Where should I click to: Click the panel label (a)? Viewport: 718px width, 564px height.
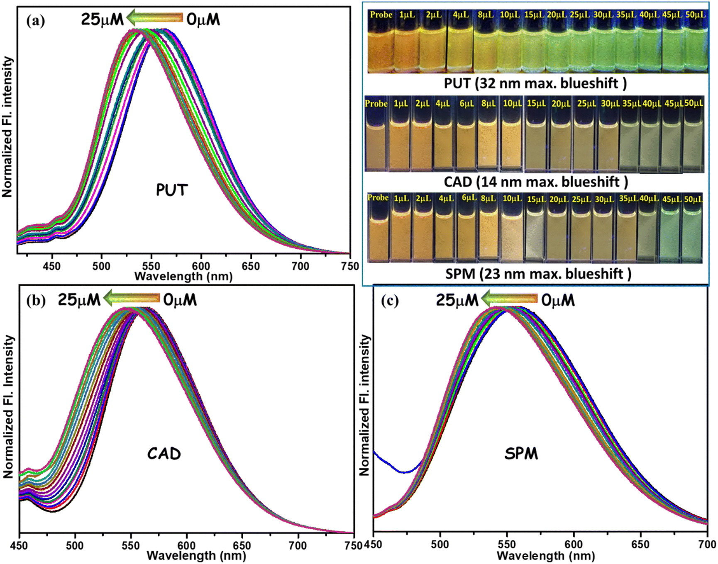pyautogui.click(x=35, y=20)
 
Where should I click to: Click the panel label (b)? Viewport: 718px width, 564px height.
pyautogui.click(x=36, y=301)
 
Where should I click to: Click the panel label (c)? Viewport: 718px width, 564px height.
pyautogui.click(x=390, y=301)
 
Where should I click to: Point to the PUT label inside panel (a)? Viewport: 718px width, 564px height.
pyautogui.click(x=172, y=190)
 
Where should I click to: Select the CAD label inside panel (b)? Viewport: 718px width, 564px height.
pyautogui.click(x=164, y=454)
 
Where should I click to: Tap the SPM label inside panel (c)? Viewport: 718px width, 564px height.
pyautogui.click(x=521, y=454)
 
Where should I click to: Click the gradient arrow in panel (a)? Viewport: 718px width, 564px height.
pyautogui.click(x=154, y=18)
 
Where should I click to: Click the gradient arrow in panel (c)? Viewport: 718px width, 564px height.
pyautogui.click(x=509, y=299)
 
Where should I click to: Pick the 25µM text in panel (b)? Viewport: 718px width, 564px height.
pyautogui.click(x=79, y=299)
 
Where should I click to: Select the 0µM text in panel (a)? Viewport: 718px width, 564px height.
pyautogui.click(x=203, y=19)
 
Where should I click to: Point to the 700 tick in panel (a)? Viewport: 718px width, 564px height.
pyautogui.click(x=300, y=266)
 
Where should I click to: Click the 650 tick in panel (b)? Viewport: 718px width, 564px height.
pyautogui.click(x=242, y=546)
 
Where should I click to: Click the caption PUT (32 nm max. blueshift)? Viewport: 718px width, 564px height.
pyautogui.click(x=535, y=83)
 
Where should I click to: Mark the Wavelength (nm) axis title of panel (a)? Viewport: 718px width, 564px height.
pyautogui.click(x=183, y=276)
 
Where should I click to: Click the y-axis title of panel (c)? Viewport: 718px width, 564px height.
pyautogui.click(x=364, y=405)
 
